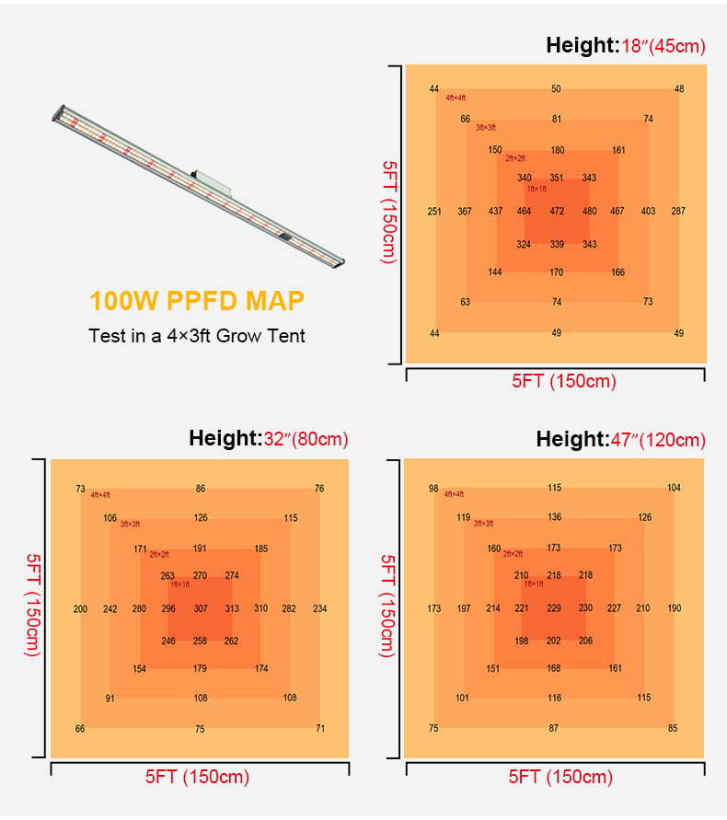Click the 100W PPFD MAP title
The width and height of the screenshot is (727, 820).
(x=196, y=301)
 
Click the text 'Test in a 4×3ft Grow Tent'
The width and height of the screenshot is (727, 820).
(x=197, y=335)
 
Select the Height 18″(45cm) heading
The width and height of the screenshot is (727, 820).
(x=626, y=45)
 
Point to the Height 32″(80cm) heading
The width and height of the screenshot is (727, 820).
(x=269, y=439)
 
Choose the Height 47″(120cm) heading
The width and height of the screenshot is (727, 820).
(x=621, y=439)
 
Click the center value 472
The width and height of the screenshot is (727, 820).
(x=557, y=212)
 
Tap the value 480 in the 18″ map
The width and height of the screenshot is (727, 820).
(x=589, y=212)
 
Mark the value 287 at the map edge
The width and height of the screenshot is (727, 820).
(x=678, y=212)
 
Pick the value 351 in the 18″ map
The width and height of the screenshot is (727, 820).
(x=557, y=179)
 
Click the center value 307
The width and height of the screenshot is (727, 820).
(x=201, y=609)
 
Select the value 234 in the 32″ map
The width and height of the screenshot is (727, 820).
(x=319, y=609)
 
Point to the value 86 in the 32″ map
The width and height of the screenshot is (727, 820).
(x=201, y=489)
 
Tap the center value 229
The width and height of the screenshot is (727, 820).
(x=554, y=608)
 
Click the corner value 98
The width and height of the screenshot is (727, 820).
(x=433, y=489)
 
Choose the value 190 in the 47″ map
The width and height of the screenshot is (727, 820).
(x=675, y=608)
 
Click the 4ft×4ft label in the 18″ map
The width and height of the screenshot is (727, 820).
(x=456, y=98)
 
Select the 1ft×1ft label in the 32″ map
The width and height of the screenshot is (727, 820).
(x=180, y=584)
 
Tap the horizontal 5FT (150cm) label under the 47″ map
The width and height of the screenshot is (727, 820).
(x=560, y=777)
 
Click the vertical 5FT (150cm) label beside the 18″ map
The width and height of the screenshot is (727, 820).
(x=388, y=212)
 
